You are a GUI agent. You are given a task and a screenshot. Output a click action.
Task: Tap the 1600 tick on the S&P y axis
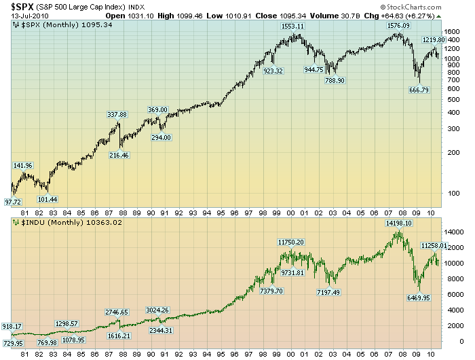(x=451, y=32)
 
